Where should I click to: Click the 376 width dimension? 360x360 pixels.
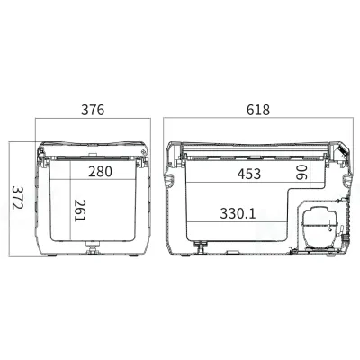point(93,111)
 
